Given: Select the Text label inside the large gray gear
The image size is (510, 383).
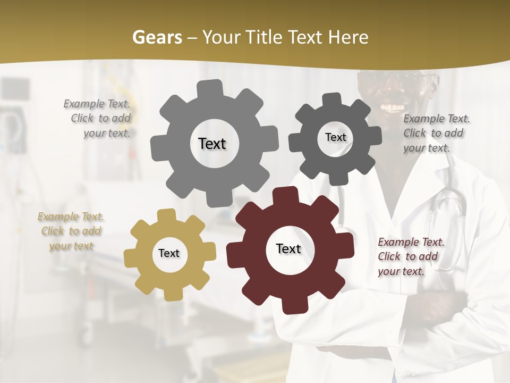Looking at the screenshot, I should pos(212,144).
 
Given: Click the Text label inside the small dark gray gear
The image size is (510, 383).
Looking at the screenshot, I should pos(335,137).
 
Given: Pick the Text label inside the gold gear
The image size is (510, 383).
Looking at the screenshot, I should pos(169,253).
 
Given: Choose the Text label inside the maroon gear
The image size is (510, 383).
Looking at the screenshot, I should pos(288,248).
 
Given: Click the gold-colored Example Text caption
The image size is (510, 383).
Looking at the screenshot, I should pos(71,231).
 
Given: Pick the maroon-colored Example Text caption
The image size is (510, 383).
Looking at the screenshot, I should pos(410,256).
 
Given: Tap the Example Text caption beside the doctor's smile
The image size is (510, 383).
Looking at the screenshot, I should pos(436,133).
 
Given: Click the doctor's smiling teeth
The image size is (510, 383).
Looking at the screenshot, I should pos(393,108).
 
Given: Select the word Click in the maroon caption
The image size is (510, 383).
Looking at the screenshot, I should pos(389,256).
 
